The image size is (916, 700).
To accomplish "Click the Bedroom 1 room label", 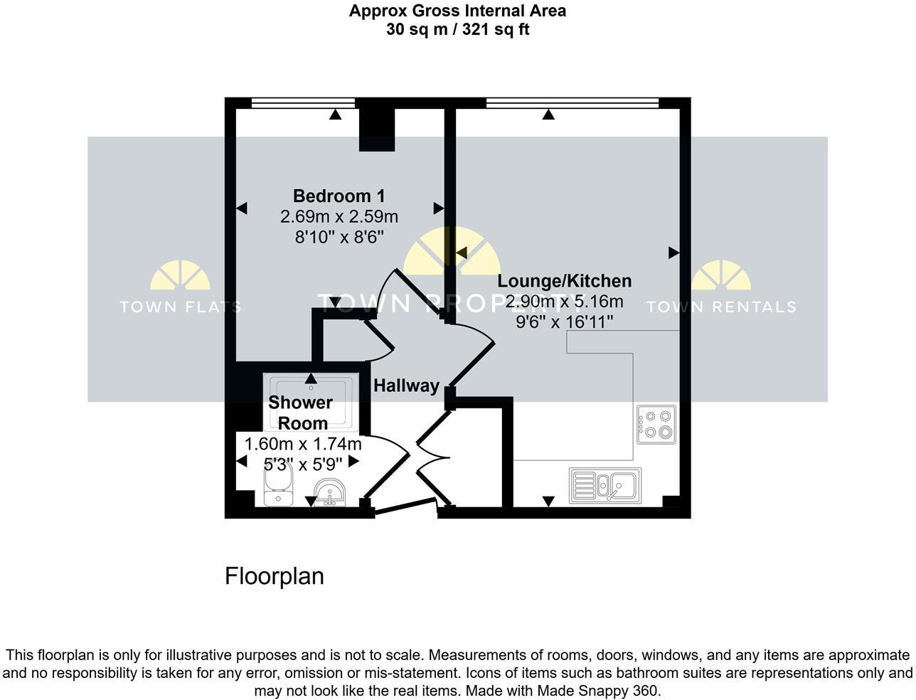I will (339, 196).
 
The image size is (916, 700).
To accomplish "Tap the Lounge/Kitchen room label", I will (564, 281).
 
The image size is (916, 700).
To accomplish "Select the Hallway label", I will (406, 386).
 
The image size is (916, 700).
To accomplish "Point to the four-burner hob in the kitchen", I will (656, 425).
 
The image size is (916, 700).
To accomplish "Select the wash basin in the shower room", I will (329, 492).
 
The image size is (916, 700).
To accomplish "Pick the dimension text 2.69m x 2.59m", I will (339, 216).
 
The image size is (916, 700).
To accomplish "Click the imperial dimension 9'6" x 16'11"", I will (564, 322).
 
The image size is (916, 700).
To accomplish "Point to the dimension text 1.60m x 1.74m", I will (303, 445).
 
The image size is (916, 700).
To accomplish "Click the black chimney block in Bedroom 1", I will (376, 129).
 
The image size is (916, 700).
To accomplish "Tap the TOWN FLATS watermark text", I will (180, 307).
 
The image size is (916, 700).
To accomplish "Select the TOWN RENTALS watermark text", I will (720, 307).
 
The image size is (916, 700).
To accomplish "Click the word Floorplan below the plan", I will (274, 576).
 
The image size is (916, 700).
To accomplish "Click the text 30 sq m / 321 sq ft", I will (457, 29).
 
